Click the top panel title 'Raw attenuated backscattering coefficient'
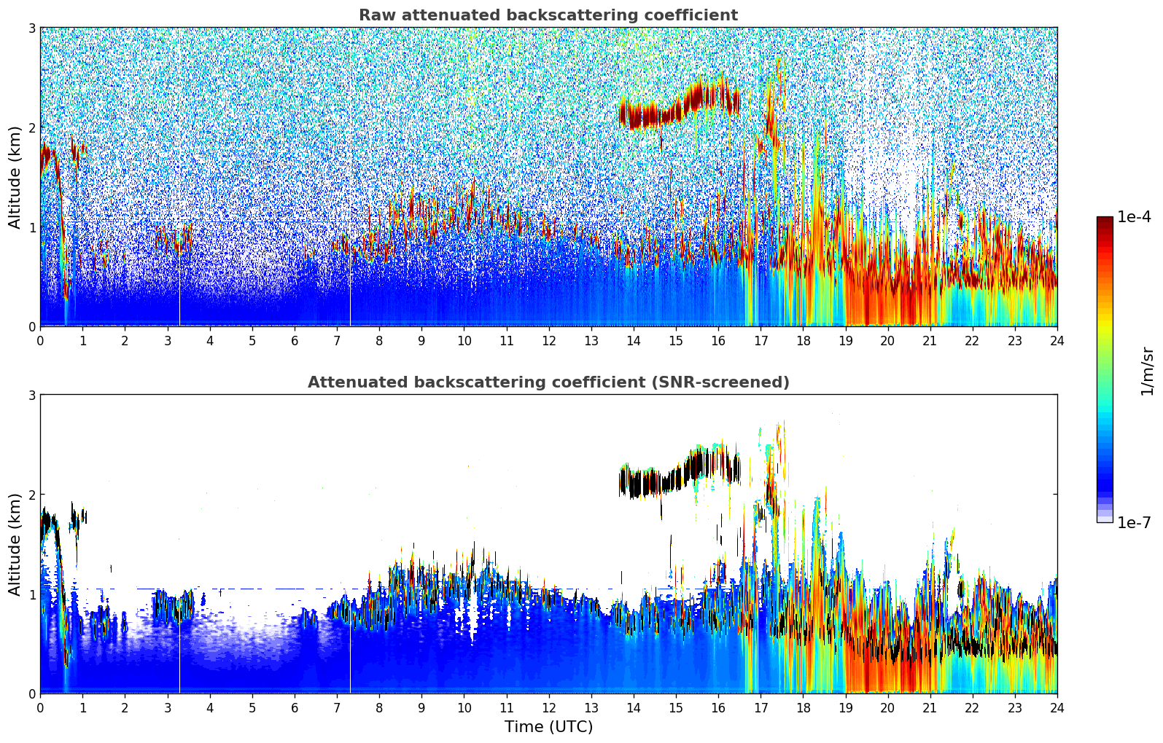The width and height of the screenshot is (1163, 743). click(x=548, y=15)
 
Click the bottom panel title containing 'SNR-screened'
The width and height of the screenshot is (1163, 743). click(x=548, y=382)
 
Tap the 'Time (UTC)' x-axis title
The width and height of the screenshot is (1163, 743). click(x=548, y=726)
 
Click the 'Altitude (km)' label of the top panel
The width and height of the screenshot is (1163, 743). click(x=15, y=177)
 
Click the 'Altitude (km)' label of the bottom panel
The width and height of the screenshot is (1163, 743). click(x=15, y=544)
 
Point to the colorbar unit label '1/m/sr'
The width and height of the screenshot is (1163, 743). click(x=1147, y=371)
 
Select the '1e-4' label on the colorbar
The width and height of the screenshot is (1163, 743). click(x=1134, y=217)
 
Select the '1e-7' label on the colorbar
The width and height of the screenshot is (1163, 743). click(x=1134, y=522)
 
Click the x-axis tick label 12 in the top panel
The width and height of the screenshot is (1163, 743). click(x=548, y=340)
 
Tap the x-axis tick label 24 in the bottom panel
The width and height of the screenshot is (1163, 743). click(x=1057, y=707)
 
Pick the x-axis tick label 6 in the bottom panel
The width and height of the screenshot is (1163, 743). click(x=295, y=707)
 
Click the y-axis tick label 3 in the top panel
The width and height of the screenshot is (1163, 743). click(x=32, y=28)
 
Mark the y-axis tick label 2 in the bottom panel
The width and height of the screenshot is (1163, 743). click(x=32, y=495)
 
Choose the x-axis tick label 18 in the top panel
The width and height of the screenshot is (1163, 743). click(x=803, y=340)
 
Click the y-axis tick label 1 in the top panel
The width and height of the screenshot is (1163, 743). click(x=32, y=227)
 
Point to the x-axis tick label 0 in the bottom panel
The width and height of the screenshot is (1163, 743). click(x=40, y=707)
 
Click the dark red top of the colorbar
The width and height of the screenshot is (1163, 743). click(x=1104, y=220)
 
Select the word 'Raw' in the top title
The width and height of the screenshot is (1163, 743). click(x=375, y=15)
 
